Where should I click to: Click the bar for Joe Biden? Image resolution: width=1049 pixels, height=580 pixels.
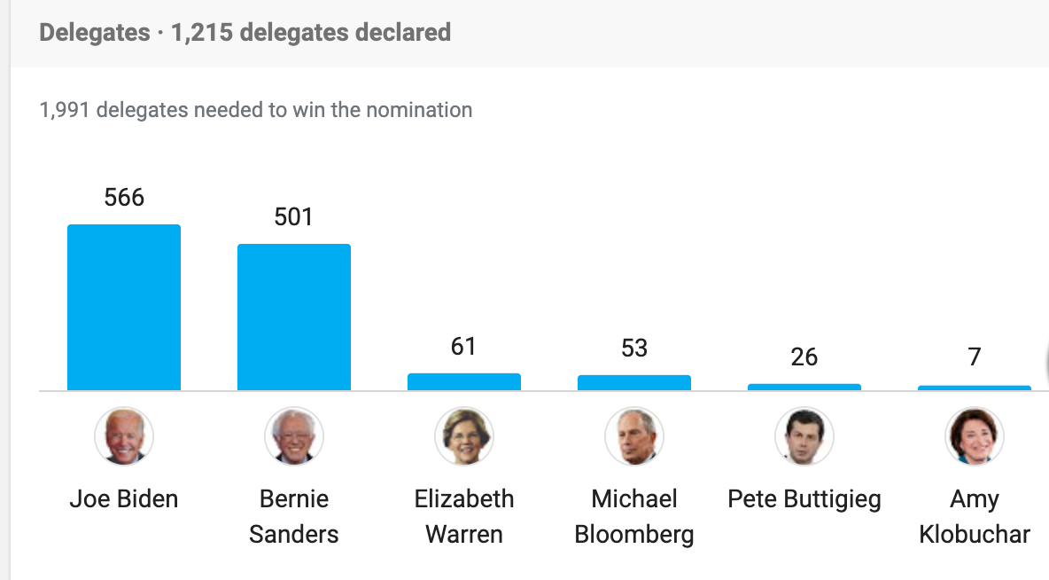pyautogui.click(x=124, y=307)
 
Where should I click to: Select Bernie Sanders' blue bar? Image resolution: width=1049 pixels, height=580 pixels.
pyautogui.click(x=294, y=317)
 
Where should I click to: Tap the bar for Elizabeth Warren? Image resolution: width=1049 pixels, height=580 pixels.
pyautogui.click(x=464, y=382)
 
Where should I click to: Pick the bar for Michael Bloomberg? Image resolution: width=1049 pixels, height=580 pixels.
pyautogui.click(x=634, y=383)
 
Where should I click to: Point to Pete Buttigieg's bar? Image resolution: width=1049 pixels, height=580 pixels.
pyautogui.click(x=804, y=388)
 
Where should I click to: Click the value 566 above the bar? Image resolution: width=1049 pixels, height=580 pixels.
pyautogui.click(x=124, y=197)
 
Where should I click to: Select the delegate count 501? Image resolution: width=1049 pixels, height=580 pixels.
pyautogui.click(x=294, y=216)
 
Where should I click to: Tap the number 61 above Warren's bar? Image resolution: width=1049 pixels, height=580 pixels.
pyautogui.click(x=464, y=346)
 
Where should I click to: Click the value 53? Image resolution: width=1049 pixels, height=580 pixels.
pyautogui.click(x=634, y=348)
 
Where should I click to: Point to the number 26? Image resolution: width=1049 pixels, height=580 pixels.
pyautogui.click(x=804, y=357)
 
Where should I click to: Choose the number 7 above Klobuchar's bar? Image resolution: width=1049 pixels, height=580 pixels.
pyautogui.click(x=975, y=357)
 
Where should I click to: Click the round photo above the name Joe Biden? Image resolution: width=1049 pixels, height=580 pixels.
pyautogui.click(x=124, y=436)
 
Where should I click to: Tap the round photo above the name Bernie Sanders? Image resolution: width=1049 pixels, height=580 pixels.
pyautogui.click(x=294, y=436)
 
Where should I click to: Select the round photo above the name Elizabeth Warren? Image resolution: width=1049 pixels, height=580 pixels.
pyautogui.click(x=464, y=436)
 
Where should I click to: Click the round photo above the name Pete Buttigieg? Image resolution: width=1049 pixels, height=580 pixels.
pyautogui.click(x=804, y=436)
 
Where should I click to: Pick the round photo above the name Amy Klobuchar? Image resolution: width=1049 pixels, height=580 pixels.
pyautogui.click(x=975, y=436)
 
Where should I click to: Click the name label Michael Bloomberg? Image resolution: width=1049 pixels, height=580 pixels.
pyautogui.click(x=634, y=517)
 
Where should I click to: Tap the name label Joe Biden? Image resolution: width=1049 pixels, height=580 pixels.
pyautogui.click(x=124, y=499)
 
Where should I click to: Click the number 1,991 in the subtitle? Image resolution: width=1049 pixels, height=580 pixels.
pyautogui.click(x=65, y=111)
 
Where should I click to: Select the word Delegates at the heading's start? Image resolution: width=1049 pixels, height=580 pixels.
pyautogui.click(x=95, y=33)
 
